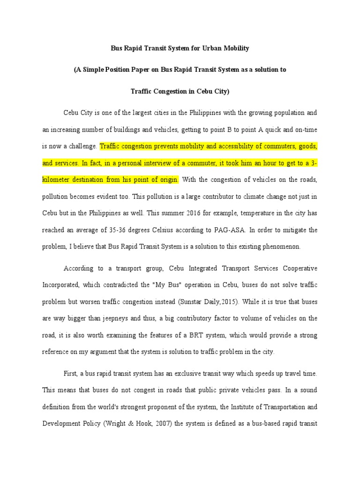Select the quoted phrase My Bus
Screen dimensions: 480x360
(180, 285)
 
